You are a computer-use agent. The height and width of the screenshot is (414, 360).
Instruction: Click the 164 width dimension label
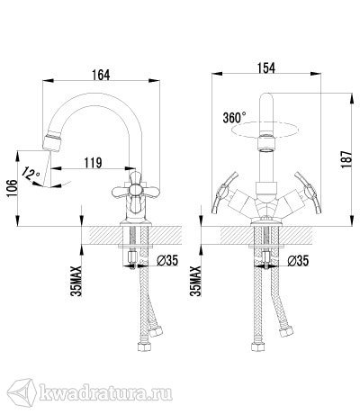pyautogui.click(x=101, y=75)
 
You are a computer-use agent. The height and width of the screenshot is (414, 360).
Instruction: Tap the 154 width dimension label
pyautogui.click(x=266, y=67)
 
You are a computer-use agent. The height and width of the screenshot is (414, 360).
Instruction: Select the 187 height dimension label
pyautogui.click(x=346, y=159)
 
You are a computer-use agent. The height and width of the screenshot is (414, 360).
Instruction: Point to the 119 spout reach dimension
pyautogui.click(x=93, y=163)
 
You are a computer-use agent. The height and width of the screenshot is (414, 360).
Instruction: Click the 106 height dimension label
pyautogui.click(x=13, y=189)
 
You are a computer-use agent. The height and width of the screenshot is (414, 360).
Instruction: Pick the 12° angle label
pyautogui.click(x=31, y=173)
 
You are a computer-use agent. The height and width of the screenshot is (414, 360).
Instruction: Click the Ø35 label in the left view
pyautogui.click(x=167, y=261)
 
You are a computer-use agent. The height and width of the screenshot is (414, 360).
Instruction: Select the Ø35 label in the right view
pyautogui.click(x=298, y=261)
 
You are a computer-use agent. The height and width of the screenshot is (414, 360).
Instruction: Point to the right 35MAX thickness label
pyautogui.click(x=196, y=281)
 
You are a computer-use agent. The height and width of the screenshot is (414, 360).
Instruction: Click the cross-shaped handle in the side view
pyautogui.click(x=135, y=190)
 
